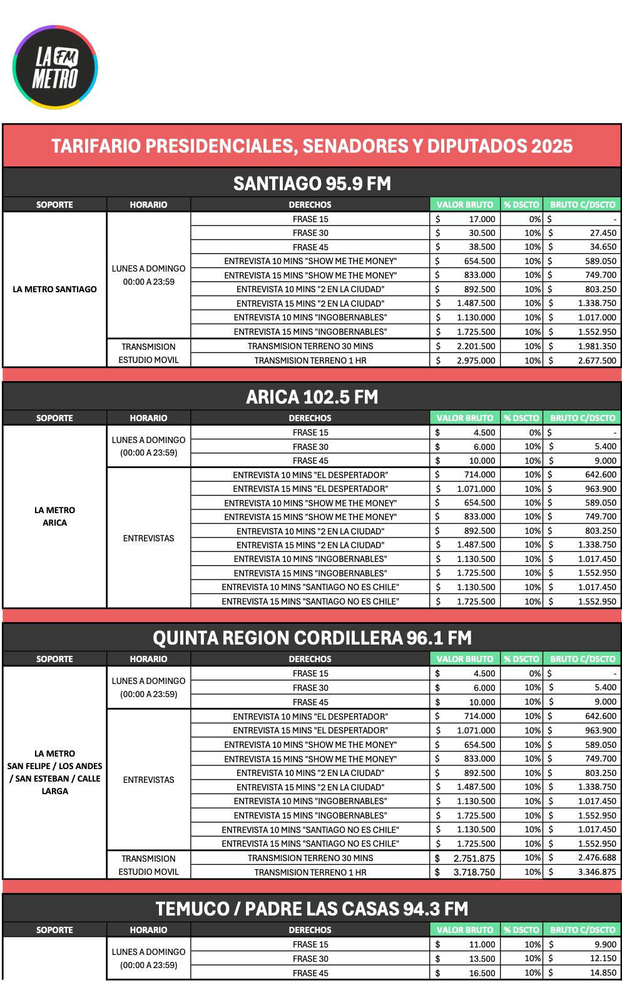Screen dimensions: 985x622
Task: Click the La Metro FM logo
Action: point(55,68)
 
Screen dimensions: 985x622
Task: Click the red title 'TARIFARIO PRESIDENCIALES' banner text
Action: point(312,146)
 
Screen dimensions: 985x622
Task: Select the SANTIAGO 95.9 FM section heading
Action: point(312,183)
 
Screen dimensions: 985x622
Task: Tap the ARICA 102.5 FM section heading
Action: point(312,397)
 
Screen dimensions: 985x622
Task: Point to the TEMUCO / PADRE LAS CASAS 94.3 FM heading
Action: point(312,909)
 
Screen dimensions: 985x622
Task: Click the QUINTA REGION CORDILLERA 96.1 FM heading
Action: point(312,638)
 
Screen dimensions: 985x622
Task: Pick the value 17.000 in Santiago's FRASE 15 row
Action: point(481,219)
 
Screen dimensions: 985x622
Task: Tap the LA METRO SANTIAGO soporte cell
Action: point(55,289)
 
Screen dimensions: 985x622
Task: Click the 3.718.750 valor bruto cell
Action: point(474,872)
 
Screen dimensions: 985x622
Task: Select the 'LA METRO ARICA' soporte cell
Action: point(55,516)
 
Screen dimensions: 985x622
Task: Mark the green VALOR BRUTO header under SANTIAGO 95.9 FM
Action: point(464,205)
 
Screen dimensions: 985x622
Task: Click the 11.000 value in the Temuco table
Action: point(481,944)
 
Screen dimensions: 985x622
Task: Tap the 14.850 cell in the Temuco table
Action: point(603,972)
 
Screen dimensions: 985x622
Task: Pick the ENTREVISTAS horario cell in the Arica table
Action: point(148,538)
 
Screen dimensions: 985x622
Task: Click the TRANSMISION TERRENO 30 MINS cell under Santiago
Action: point(310,346)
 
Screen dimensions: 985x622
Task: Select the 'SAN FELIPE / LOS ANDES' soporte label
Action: point(55,766)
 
